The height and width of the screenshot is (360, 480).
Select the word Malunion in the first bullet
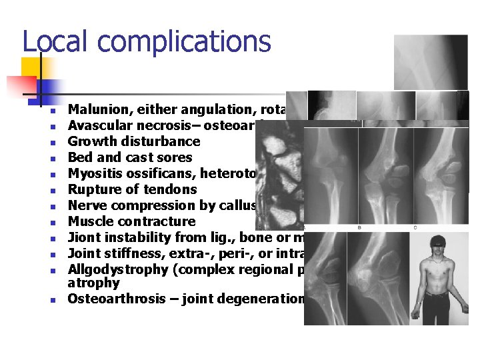pyautogui.click(x=97, y=109)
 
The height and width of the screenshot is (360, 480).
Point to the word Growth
pyautogui.click(x=91, y=141)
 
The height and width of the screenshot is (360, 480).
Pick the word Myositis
pyautogui.click(x=93, y=173)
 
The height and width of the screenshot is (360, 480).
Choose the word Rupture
pyautogui.click(x=92, y=189)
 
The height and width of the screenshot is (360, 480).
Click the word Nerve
pyautogui.click(x=86, y=205)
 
